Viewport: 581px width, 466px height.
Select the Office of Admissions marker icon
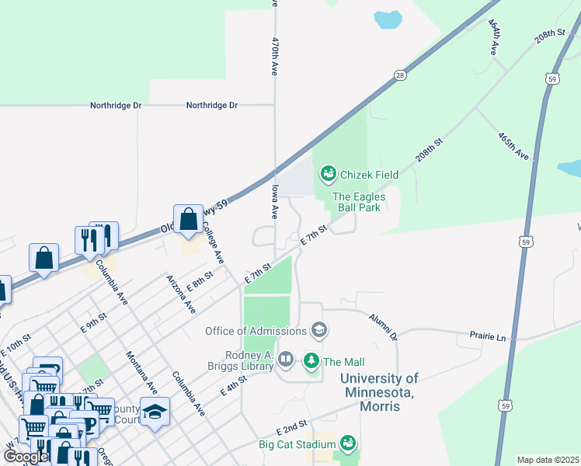click(318, 331)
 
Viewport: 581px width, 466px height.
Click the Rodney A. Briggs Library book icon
click(286, 359)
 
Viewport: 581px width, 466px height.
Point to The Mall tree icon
click(311, 361)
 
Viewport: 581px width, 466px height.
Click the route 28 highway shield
click(400, 75)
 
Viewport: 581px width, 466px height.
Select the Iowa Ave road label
click(274, 200)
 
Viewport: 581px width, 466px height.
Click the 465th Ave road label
click(513, 145)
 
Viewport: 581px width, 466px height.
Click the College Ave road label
click(213, 243)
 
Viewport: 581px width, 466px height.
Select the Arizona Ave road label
click(180, 294)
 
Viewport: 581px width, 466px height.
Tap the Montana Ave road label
click(140, 370)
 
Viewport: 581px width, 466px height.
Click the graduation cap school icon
click(155, 412)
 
